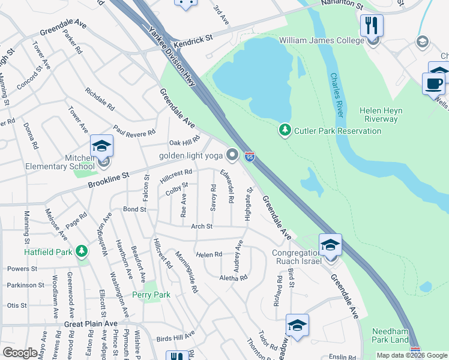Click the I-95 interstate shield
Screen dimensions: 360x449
coord(250,157)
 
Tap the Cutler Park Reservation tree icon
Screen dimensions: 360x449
coord(285,130)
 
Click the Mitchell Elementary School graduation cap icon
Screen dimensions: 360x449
coord(101,146)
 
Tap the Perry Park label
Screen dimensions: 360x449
coord(151,295)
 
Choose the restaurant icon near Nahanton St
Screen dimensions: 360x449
coord(372,25)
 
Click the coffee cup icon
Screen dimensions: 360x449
coord(433,83)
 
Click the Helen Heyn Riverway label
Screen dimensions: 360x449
coord(381,115)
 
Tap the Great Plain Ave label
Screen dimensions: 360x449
coord(91,323)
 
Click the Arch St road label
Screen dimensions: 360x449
coord(202,226)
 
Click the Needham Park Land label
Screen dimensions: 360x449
coord(390,336)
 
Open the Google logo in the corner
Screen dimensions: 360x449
coord(20,353)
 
